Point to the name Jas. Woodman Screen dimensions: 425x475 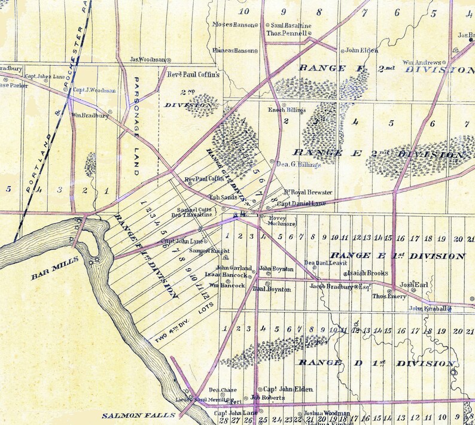coord(147,59)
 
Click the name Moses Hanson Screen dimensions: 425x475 coord(233,25)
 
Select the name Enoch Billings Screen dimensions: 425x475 coord(287,110)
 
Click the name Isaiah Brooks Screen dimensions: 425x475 coord(368,273)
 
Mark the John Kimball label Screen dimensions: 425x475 coord(427,308)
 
